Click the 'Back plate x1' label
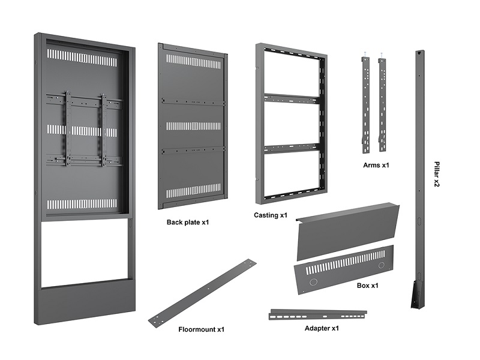[188, 223]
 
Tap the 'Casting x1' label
[271, 215]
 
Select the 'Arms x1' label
[376, 164]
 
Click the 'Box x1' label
[367, 286]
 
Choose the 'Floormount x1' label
[201, 329]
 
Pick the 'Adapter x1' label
[322, 328]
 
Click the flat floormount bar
[202, 293]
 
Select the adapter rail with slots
[318, 314]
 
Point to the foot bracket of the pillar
[417, 295]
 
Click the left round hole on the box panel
[311, 281]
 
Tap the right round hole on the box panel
[381, 265]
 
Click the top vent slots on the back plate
[193, 61]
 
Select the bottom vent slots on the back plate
[193, 191]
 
